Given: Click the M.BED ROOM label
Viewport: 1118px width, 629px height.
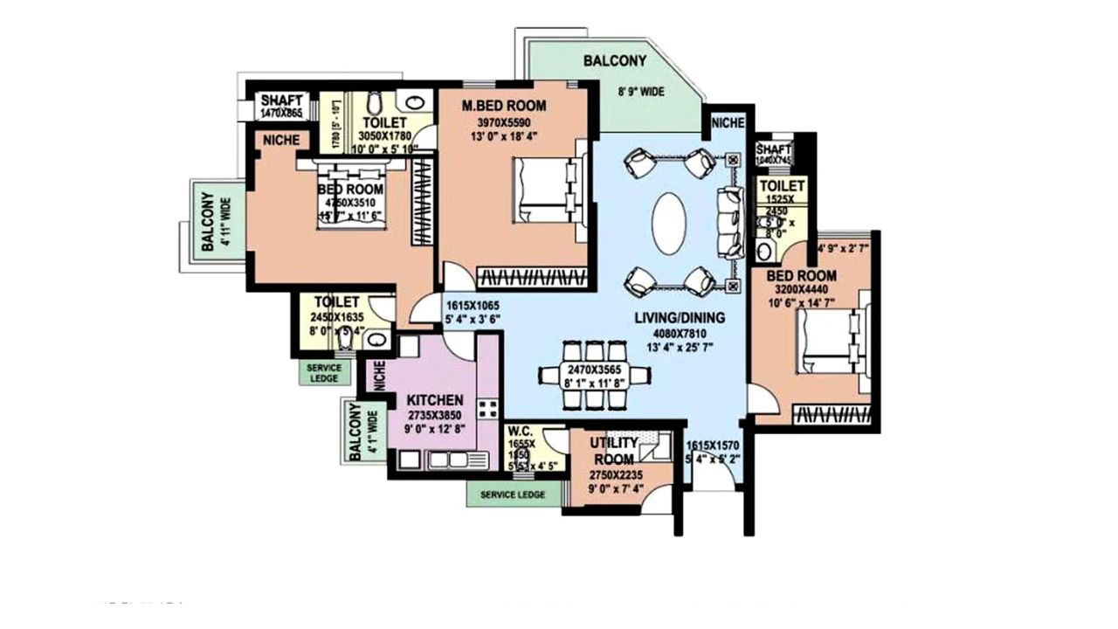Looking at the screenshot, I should (x=504, y=106).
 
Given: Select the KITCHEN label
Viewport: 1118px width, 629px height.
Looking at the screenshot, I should (x=435, y=399).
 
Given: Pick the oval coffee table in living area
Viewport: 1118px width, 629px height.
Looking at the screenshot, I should (x=670, y=223).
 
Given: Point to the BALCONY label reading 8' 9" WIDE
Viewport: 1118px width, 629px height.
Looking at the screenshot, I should (x=615, y=62).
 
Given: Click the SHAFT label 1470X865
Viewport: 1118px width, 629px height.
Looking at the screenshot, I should (x=281, y=100).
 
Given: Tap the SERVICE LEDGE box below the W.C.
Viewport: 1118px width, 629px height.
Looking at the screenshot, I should (x=512, y=494).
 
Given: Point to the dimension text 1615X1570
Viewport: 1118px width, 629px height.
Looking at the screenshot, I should (x=718, y=445).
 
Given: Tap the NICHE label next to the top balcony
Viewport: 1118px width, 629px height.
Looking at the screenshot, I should (x=728, y=123).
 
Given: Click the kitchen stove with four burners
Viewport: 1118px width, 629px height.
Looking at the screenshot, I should (x=487, y=408).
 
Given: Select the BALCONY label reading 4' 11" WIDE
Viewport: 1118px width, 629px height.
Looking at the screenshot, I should (x=208, y=222).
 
